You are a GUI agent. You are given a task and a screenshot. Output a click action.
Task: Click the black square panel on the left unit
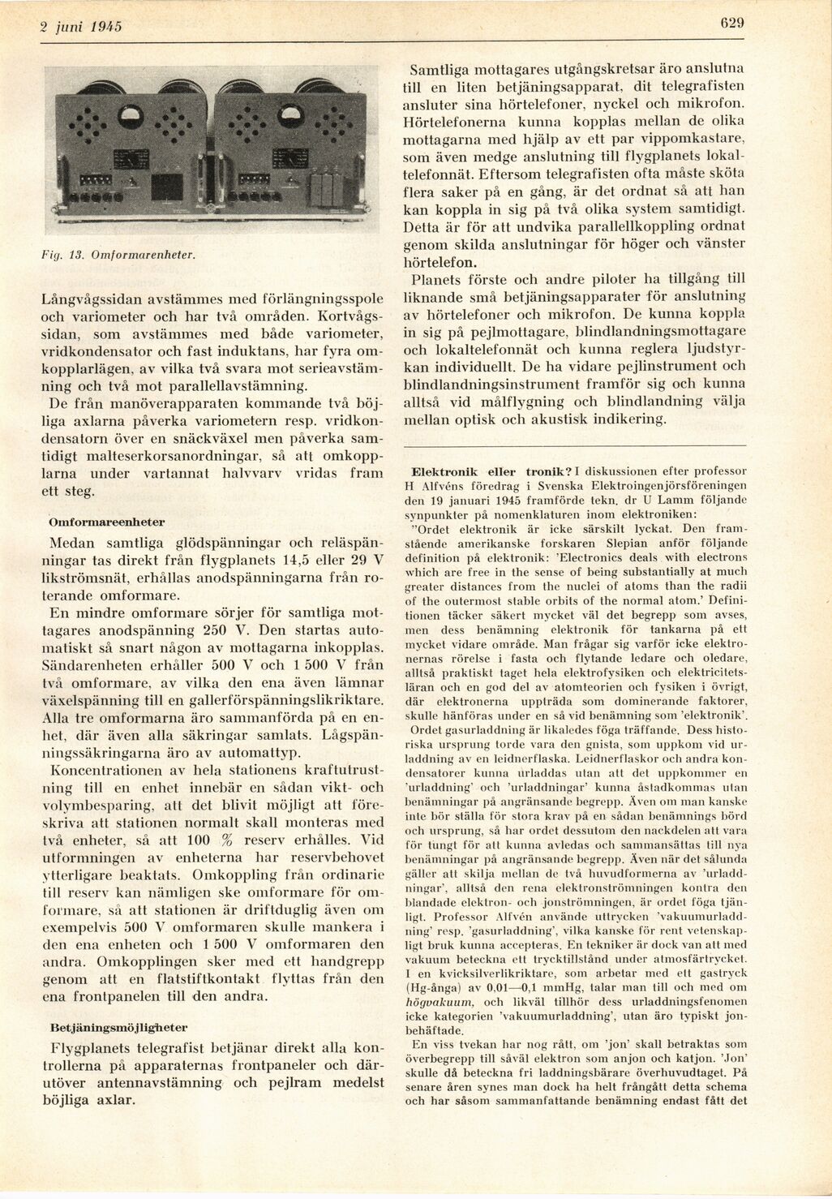[167, 187]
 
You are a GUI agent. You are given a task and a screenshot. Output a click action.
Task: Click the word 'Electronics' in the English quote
[615, 557]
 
